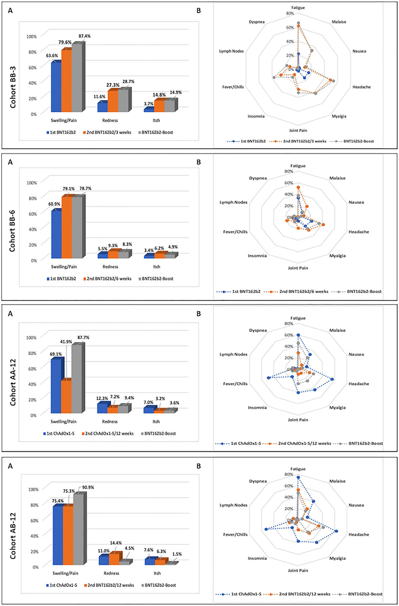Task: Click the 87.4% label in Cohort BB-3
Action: click(x=85, y=36)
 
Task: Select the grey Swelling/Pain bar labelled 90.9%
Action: click(x=78, y=529)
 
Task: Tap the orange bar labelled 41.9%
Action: click(x=66, y=397)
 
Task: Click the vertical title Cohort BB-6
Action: click(x=12, y=231)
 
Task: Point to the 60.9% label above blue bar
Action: click(x=54, y=204)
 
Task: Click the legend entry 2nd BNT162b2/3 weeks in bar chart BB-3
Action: click(x=107, y=132)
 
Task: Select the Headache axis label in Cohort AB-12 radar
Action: click(x=359, y=534)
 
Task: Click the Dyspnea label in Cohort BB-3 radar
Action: click(x=257, y=22)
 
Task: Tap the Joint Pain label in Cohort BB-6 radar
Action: click(x=298, y=268)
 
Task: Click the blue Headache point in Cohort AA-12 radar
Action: click(x=332, y=379)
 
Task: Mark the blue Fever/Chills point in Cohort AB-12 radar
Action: click(x=266, y=529)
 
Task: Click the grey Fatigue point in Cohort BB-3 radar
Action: click(x=298, y=23)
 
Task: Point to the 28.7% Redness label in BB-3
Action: click(x=128, y=82)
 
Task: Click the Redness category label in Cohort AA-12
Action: click(x=110, y=422)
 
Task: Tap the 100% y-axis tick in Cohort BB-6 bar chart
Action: click(x=32, y=183)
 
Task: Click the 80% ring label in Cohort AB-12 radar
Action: click(x=289, y=474)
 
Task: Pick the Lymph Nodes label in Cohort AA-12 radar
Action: click(x=233, y=354)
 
